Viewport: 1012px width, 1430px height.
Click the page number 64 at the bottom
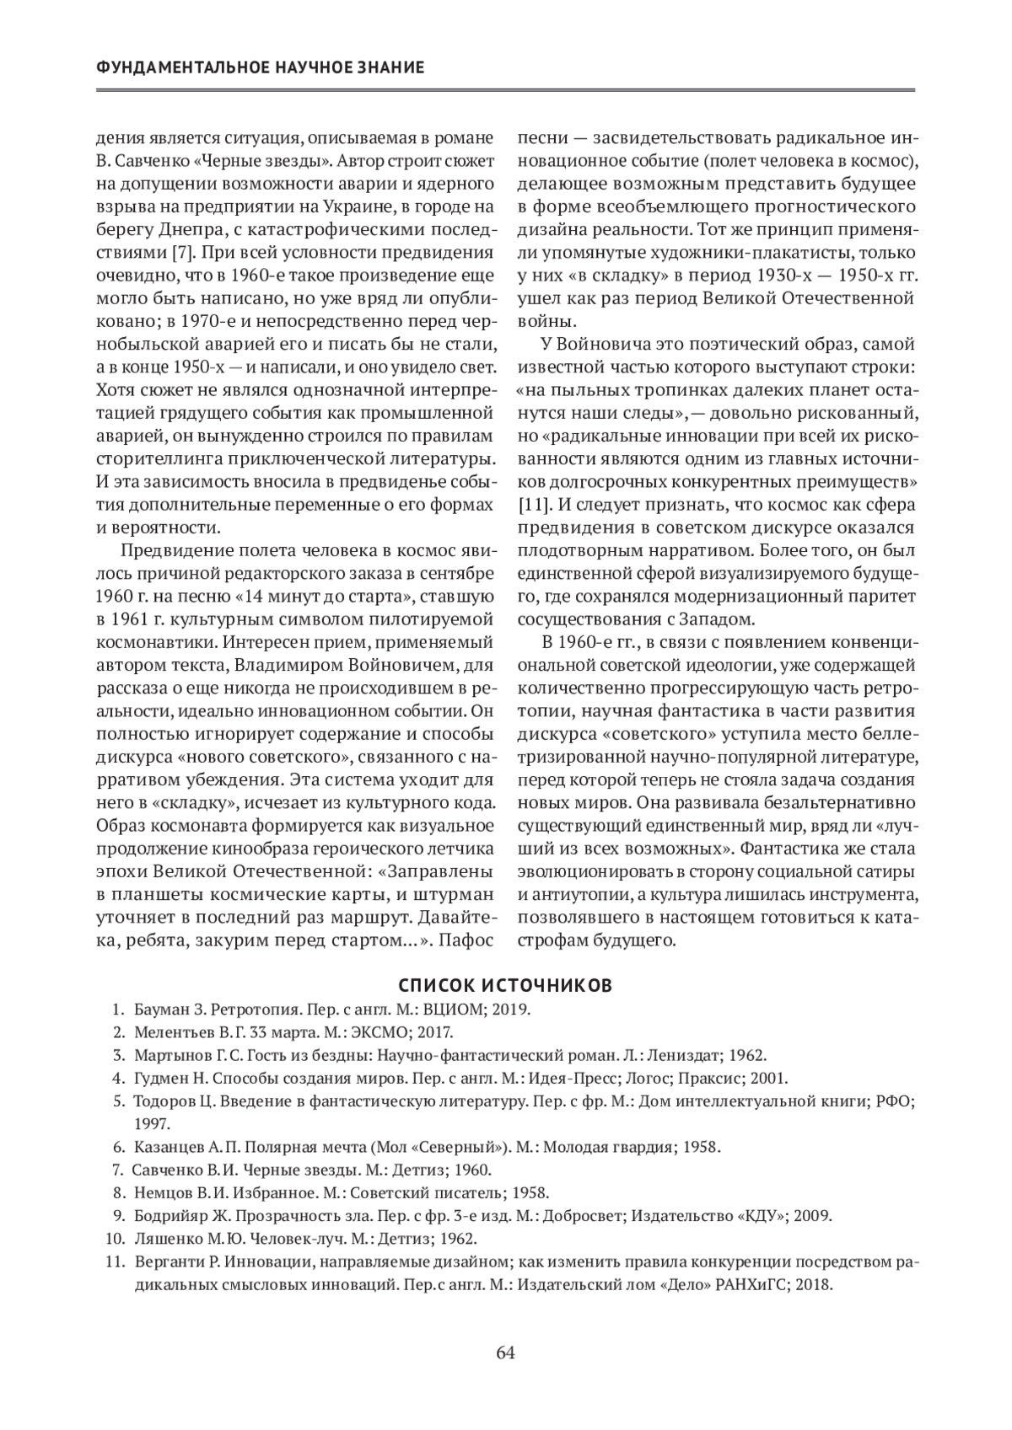pos(505,1353)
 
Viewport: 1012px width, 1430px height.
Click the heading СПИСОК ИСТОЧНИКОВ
pos(505,985)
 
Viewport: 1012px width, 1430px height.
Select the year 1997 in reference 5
pos(152,1123)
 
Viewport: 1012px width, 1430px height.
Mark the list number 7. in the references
pos(118,1170)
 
